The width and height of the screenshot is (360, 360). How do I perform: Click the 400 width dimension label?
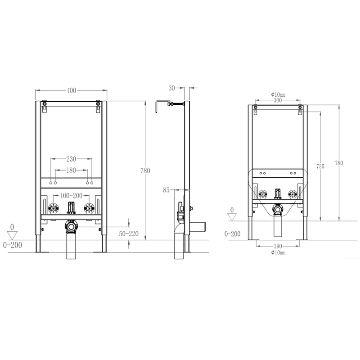(72, 91)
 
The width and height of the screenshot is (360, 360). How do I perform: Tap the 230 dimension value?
(71, 159)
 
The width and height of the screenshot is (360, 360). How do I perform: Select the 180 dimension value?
(71, 171)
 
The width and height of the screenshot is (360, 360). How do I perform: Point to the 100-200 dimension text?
(71, 196)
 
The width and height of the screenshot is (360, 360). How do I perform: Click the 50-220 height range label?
(129, 234)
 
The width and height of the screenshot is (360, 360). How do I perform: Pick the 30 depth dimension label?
(172, 88)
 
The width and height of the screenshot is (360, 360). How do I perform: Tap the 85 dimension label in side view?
(166, 190)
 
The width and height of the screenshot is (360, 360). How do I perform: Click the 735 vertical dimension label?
(320, 166)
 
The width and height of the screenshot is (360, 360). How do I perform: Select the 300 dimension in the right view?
(278, 100)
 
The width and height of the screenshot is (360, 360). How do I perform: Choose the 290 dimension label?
(278, 246)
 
